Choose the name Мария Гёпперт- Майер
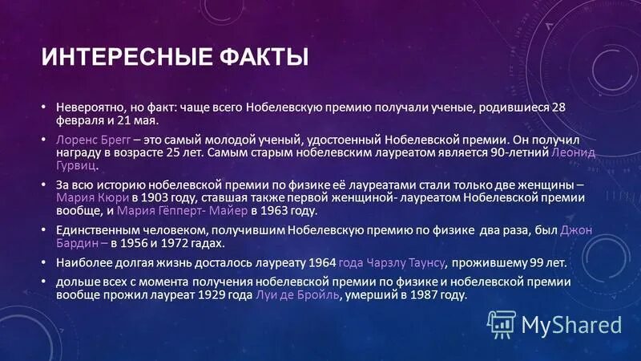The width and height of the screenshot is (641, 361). (x=183, y=212)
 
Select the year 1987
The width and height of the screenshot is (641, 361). (x=421, y=295)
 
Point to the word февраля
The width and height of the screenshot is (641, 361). (x=80, y=120)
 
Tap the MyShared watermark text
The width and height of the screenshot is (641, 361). (x=572, y=325)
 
